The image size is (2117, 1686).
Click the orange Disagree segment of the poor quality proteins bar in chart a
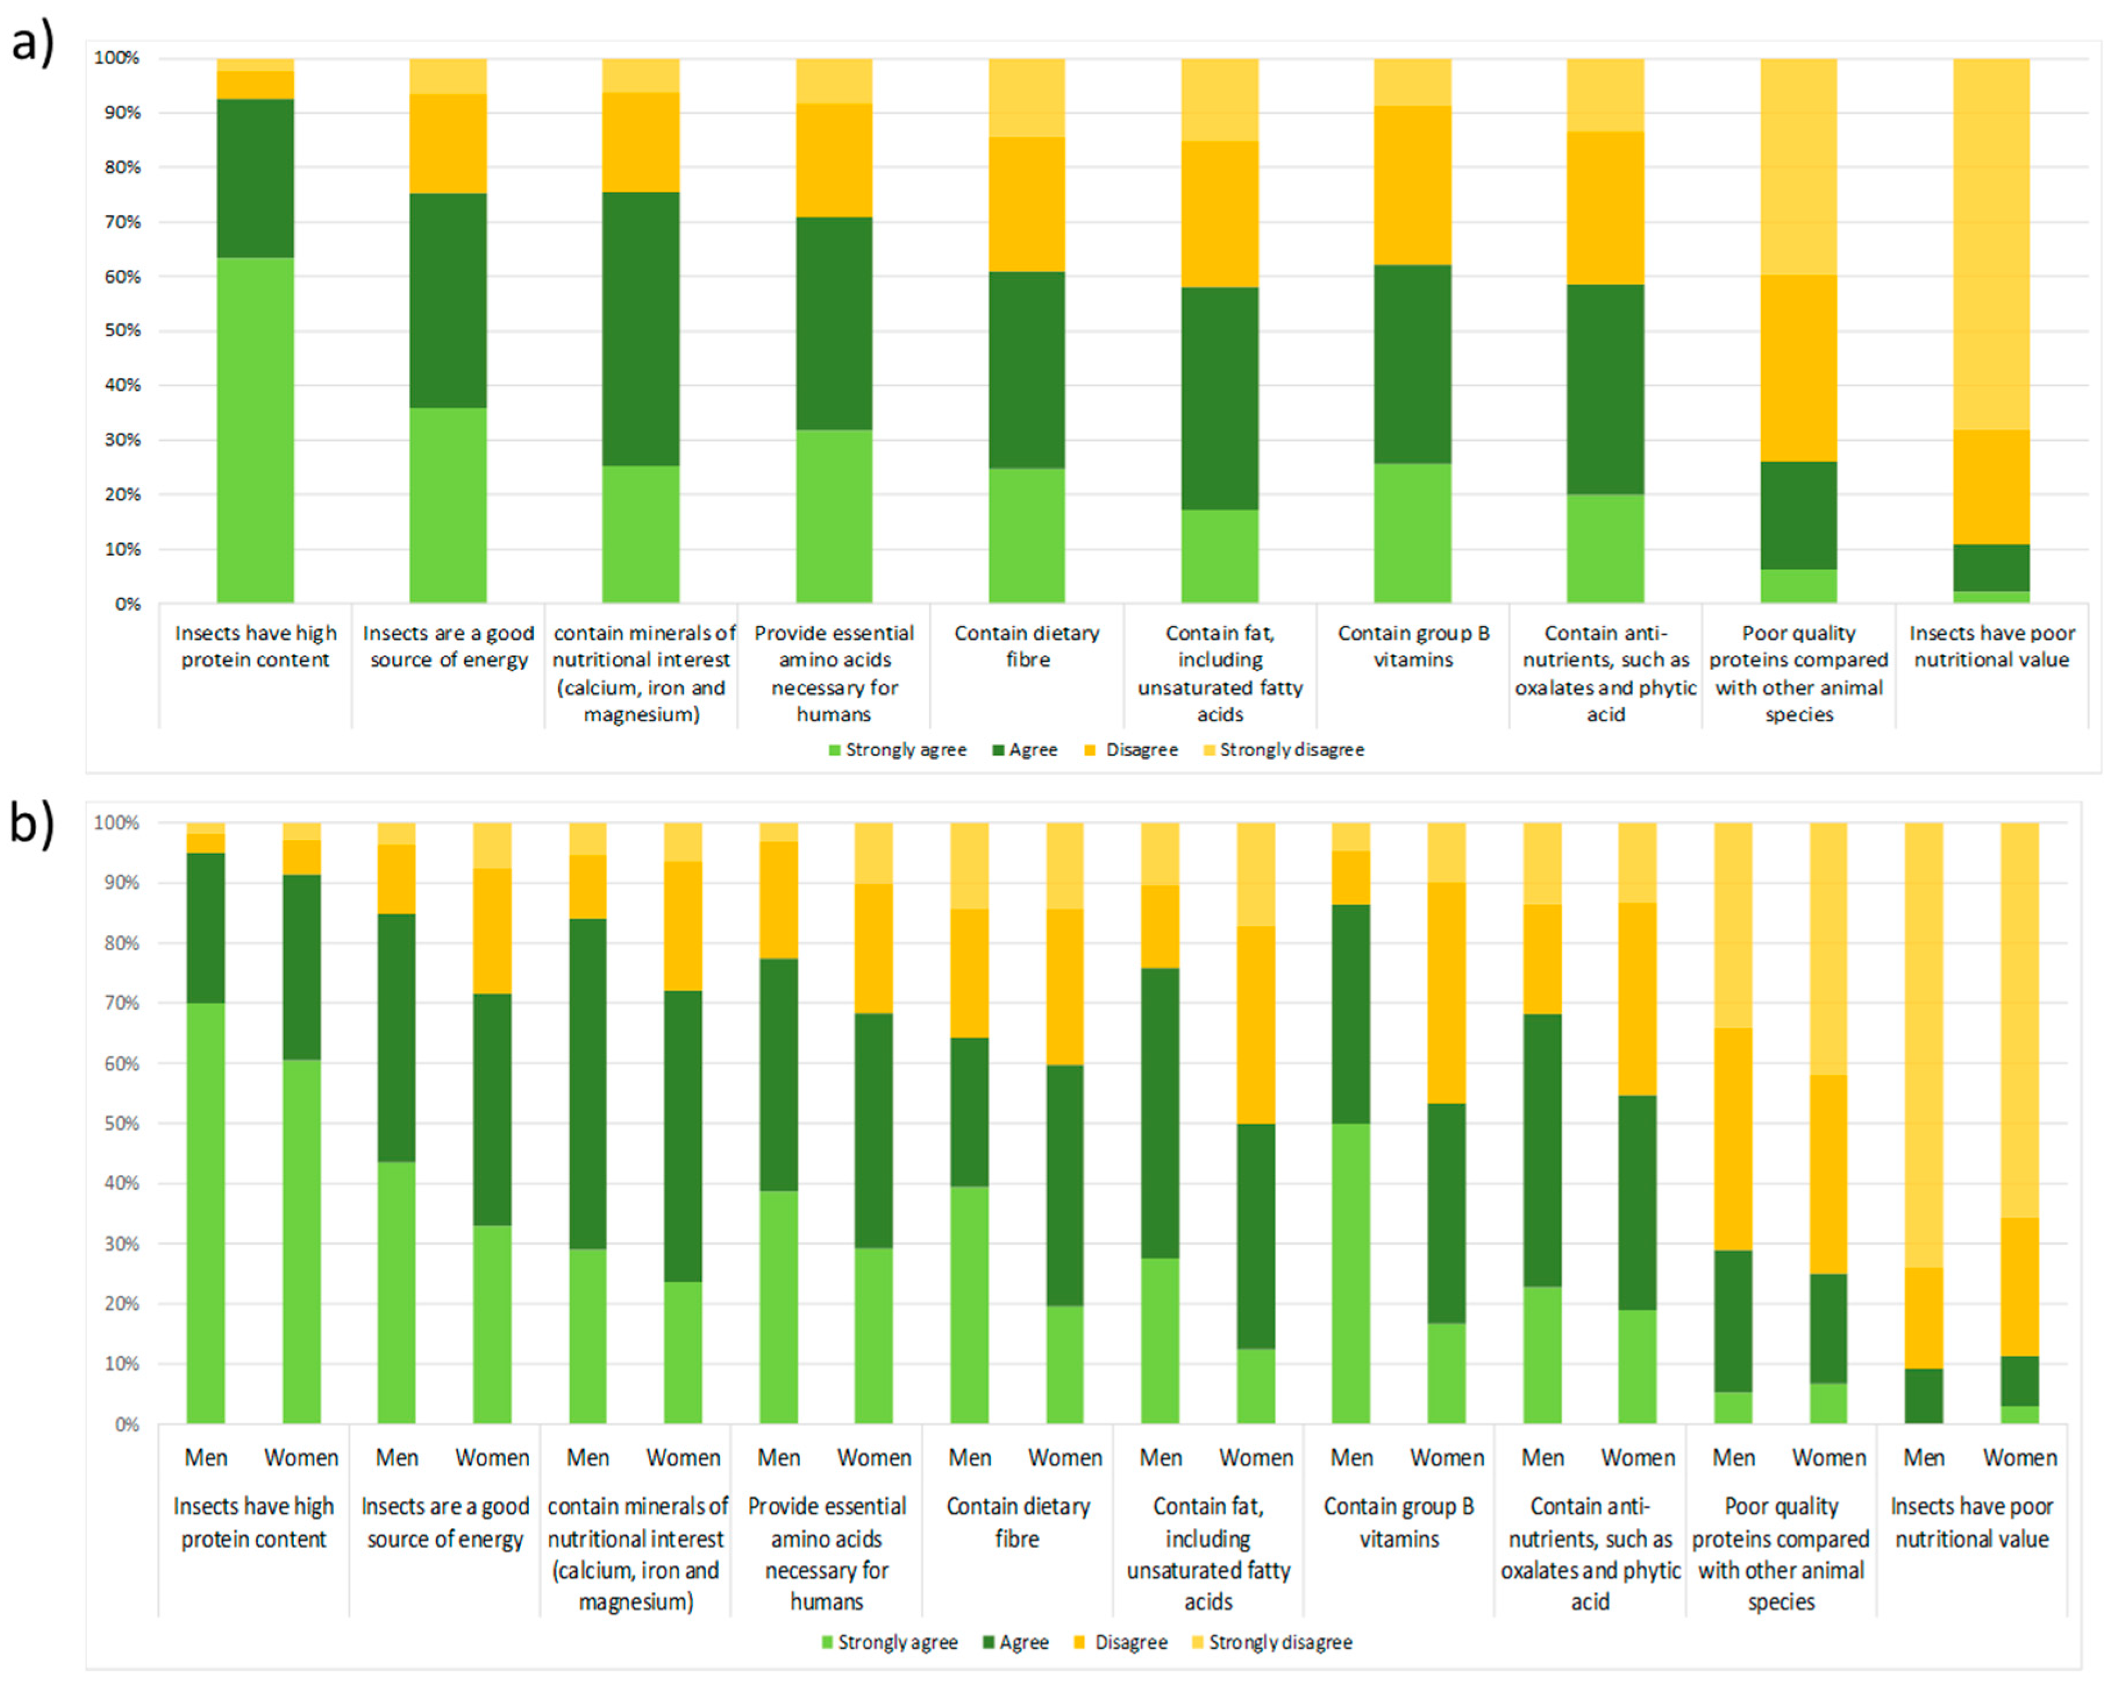pyautogui.click(x=1798, y=368)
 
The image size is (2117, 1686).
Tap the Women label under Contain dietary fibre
pyautogui.click(x=1065, y=1457)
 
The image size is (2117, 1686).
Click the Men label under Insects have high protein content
pyautogui.click(x=206, y=1457)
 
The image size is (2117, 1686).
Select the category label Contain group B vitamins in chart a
pyautogui.click(x=1413, y=646)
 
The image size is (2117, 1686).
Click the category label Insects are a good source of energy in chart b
pyautogui.click(x=445, y=1522)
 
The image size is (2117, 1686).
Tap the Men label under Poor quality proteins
pyautogui.click(x=1733, y=1457)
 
